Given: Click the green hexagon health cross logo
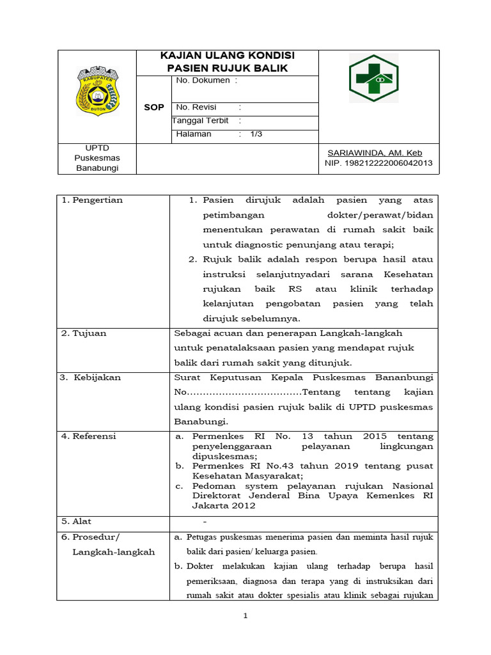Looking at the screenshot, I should [373, 79].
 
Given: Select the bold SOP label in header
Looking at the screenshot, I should [153, 107].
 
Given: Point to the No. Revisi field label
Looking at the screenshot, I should [196, 107].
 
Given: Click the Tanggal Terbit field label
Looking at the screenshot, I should [200, 120].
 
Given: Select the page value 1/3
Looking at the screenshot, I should [256, 134].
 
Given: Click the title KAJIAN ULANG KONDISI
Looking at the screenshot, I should [227, 56].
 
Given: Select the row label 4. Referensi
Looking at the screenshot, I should [89, 436].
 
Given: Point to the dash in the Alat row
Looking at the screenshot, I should [205, 521].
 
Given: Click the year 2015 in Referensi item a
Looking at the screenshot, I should [375, 436].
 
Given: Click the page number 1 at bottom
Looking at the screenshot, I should [245, 616].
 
